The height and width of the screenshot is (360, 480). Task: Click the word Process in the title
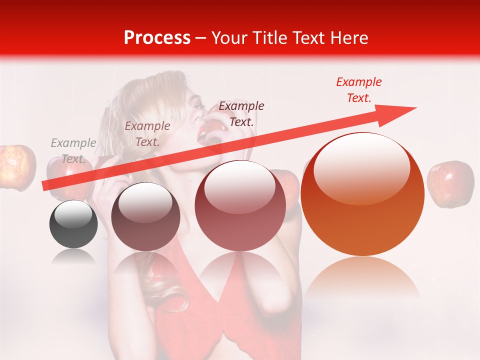tap(157, 38)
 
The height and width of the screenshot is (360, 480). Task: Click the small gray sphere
tap(73, 224)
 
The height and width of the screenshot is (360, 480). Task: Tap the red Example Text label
tap(359, 90)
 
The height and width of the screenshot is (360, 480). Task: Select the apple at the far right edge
tap(450, 183)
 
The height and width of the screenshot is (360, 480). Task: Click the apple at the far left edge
tap(16, 167)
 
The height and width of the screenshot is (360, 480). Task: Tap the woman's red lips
tap(202, 134)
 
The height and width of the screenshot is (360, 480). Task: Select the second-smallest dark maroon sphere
tap(145, 216)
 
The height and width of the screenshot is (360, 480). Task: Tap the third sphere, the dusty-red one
tap(240, 205)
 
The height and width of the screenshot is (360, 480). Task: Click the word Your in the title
tap(229, 38)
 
